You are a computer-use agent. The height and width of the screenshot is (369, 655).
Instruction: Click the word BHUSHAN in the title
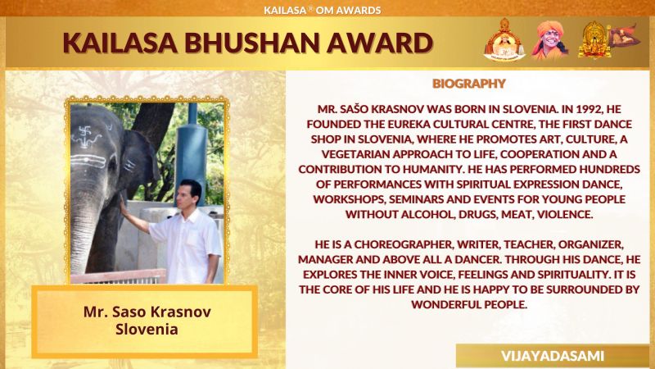click(x=253, y=43)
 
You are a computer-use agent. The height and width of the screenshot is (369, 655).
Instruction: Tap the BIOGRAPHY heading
click(x=468, y=84)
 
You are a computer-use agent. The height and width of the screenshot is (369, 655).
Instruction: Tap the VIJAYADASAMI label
click(x=552, y=356)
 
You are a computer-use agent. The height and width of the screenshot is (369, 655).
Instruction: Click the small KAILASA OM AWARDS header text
click(x=322, y=10)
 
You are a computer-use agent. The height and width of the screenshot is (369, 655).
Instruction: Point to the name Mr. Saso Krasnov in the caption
click(x=147, y=312)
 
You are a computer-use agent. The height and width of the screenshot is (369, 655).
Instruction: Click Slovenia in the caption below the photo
click(x=147, y=330)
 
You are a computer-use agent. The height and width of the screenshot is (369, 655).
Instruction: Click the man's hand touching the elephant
click(x=123, y=206)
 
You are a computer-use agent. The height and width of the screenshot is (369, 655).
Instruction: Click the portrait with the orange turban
click(x=549, y=40)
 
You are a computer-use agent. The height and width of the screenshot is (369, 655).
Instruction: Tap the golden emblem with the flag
click(x=608, y=40)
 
